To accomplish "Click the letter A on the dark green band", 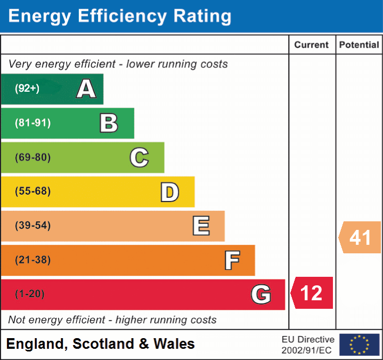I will click(86, 89).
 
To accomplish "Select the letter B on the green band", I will click(109, 123).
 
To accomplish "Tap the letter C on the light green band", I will click(139, 157).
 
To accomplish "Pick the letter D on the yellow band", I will click(169, 192).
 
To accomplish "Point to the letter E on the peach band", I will click(201, 226).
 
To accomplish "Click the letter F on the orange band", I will click(232, 260).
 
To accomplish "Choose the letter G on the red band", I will click(261, 294).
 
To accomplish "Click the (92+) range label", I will click(27, 89).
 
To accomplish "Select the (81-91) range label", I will click(33, 123).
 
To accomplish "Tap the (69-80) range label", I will click(33, 157).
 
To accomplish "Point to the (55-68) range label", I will click(33, 191).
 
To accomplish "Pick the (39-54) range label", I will click(33, 226).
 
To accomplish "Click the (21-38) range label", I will click(33, 260).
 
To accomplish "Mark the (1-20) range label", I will click(30, 294).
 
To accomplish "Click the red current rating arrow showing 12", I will click(312, 293).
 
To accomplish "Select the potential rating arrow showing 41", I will click(360, 237).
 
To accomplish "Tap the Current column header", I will click(312, 45).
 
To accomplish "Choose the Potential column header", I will click(359, 45).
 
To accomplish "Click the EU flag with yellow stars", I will click(359, 345).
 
